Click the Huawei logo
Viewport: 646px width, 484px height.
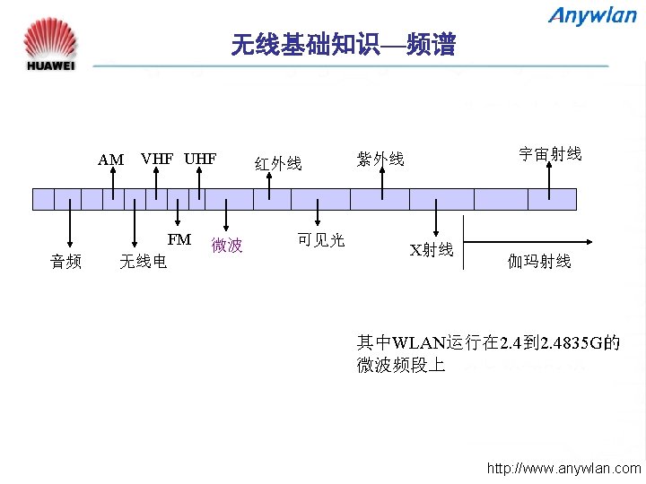[51, 44]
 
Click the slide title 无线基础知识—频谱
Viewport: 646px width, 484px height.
[343, 45]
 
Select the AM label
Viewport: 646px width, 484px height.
[110, 160]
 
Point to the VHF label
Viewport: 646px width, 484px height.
[157, 159]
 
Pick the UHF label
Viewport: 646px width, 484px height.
[200, 159]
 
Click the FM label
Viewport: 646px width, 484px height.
[179, 239]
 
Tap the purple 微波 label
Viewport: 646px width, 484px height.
[227, 245]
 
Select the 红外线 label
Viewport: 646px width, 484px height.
[278, 163]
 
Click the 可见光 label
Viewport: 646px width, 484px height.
[320, 239]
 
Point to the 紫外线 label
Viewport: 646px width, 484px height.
[380, 160]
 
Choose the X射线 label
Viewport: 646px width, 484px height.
[432, 250]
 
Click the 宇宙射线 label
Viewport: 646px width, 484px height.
[550, 154]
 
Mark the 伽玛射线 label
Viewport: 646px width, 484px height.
[539, 261]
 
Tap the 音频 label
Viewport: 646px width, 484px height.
[66, 261]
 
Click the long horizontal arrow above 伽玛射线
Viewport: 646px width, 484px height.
[528, 241]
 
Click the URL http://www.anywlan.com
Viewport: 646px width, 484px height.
[563, 468]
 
